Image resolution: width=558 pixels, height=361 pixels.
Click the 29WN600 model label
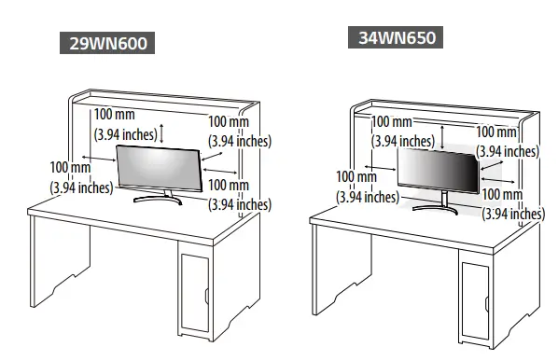coord(105,44)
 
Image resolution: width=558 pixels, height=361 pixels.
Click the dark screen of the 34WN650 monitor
coord(437,171)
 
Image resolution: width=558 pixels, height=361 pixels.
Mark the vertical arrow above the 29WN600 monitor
coord(164,133)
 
